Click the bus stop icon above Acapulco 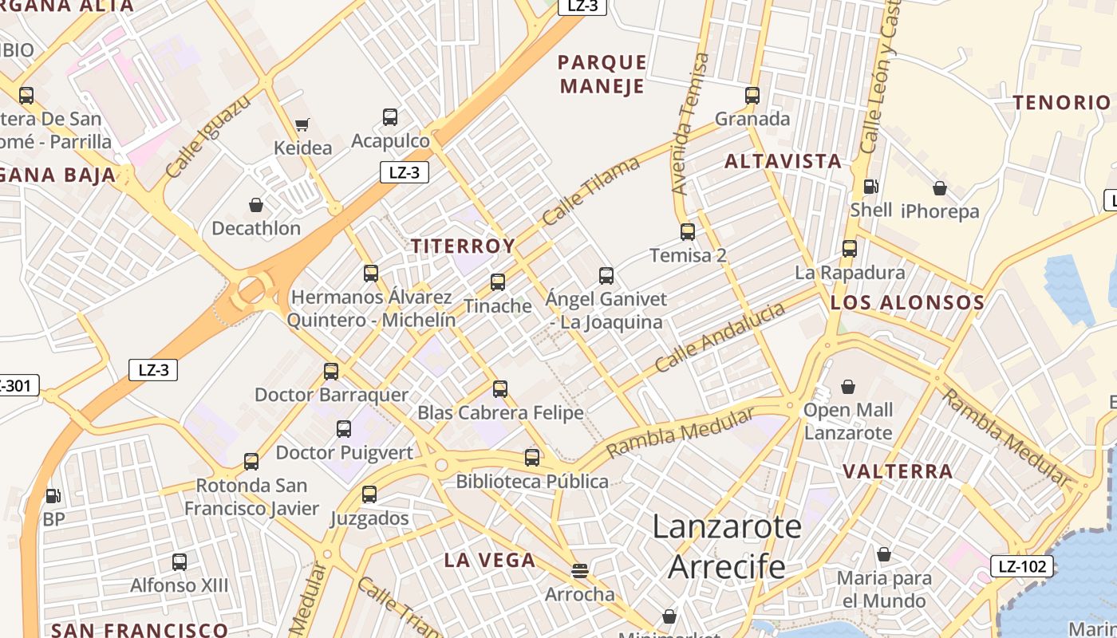(x=390, y=117)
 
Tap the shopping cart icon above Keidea (x=302, y=124)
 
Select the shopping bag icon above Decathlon (x=256, y=205)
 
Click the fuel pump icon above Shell (x=870, y=187)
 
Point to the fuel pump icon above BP (x=53, y=496)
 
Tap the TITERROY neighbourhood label (x=463, y=246)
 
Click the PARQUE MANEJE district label (x=602, y=74)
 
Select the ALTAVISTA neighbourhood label (x=783, y=161)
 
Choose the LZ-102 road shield (x=1022, y=566)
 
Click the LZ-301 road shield (x=16, y=387)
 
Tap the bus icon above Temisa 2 (x=688, y=232)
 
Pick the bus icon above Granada (x=752, y=96)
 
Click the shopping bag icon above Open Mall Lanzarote (x=848, y=387)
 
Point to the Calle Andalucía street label (x=720, y=338)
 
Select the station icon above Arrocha (x=580, y=571)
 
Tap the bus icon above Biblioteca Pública (x=532, y=458)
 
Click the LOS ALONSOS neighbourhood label (x=907, y=303)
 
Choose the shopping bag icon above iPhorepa (x=940, y=188)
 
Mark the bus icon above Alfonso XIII (x=180, y=562)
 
